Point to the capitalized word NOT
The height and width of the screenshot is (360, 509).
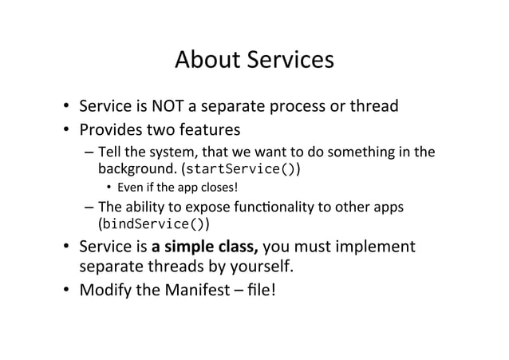click(184, 106)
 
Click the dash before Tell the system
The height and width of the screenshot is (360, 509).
click(87, 153)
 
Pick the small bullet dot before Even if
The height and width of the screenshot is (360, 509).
click(109, 189)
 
